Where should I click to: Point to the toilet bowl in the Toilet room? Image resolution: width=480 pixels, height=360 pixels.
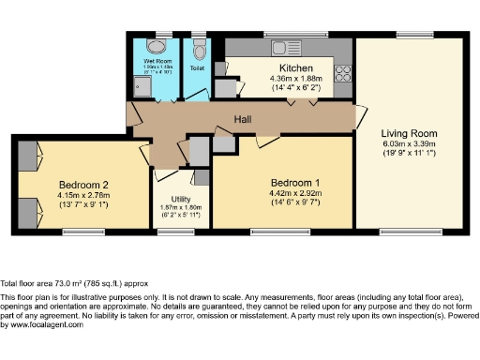(x=197, y=45)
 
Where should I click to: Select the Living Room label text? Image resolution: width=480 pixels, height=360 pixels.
(x=408, y=133)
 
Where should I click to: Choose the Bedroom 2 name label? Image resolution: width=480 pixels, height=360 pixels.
(x=84, y=184)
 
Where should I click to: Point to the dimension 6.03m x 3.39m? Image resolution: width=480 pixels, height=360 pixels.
(x=408, y=144)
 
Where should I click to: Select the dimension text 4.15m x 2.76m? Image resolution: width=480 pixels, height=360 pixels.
(x=84, y=195)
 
